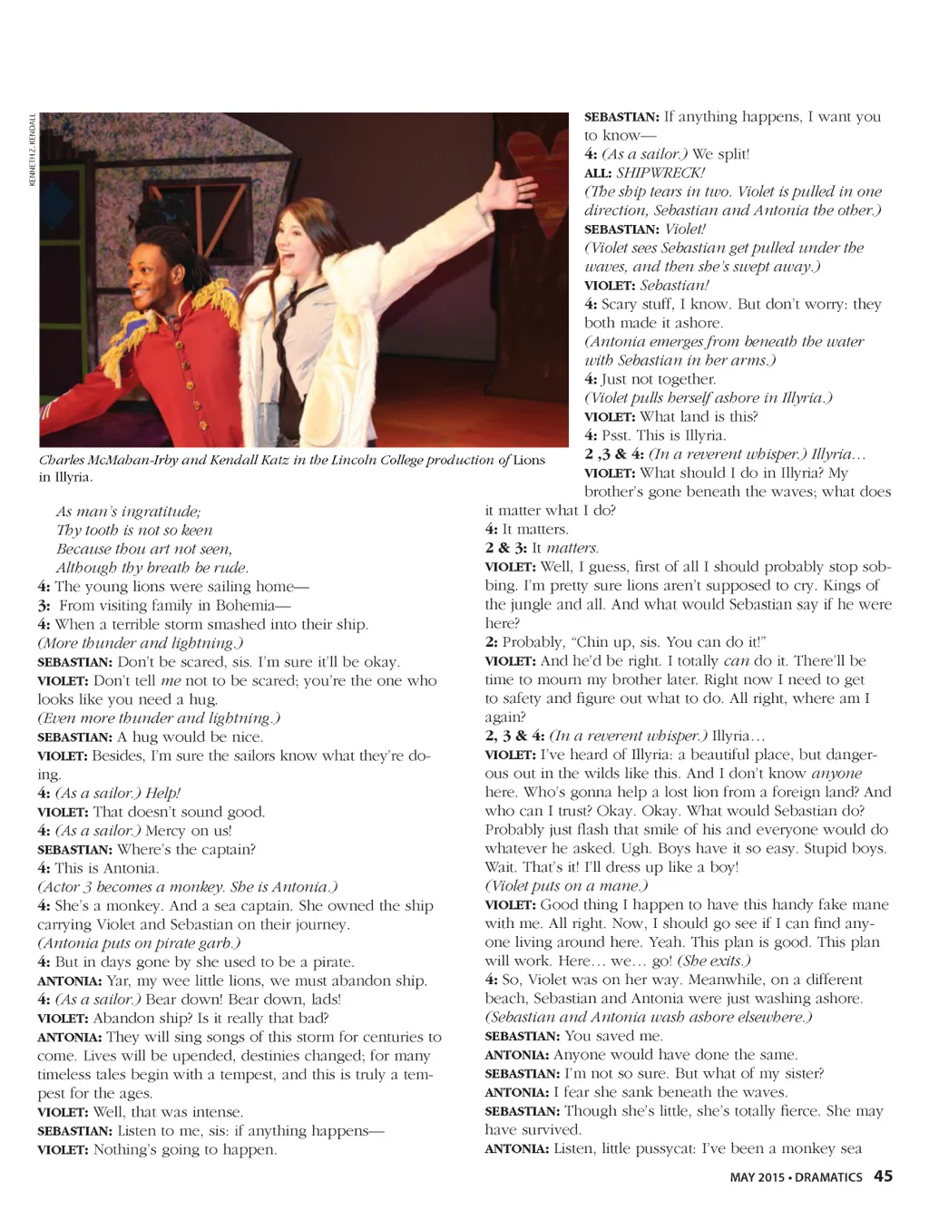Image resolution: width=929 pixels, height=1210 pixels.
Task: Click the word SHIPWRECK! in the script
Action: tap(660, 172)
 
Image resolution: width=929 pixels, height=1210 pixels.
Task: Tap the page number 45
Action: tap(883, 1176)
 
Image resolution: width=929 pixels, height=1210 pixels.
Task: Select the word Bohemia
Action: tap(244, 605)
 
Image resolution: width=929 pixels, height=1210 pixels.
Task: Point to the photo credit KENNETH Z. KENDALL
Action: tap(33, 151)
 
